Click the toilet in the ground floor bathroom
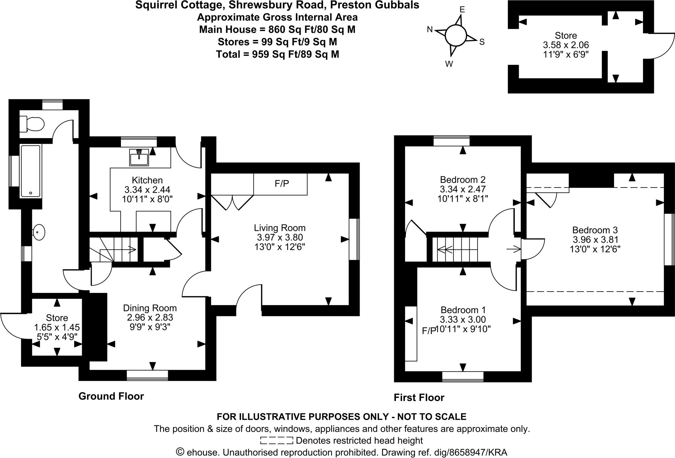click(x=32, y=124)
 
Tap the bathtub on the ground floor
click(x=31, y=171)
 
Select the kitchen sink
click(x=139, y=157)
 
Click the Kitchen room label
click(x=147, y=180)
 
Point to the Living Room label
click(x=279, y=228)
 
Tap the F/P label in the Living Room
click(x=282, y=184)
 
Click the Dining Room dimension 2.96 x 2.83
click(x=150, y=317)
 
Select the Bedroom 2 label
click(x=462, y=180)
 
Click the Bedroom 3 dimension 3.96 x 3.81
click(x=595, y=240)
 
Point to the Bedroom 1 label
click(x=463, y=310)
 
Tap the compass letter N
click(x=429, y=30)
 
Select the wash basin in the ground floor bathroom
click(x=39, y=233)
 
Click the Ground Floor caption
click(x=111, y=396)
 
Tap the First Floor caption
click(x=419, y=398)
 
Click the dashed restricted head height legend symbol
click(x=276, y=441)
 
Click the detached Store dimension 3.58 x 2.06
click(x=566, y=45)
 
